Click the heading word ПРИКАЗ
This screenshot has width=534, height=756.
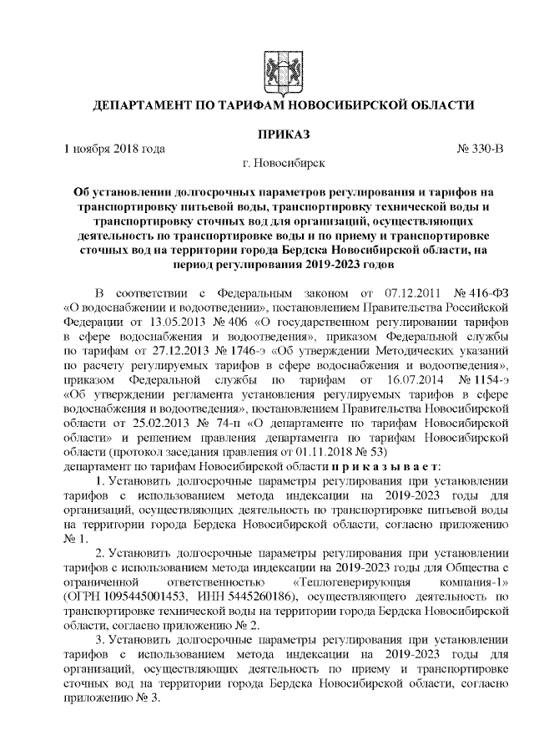tap(280, 133)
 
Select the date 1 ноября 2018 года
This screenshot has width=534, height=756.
tap(113, 148)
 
